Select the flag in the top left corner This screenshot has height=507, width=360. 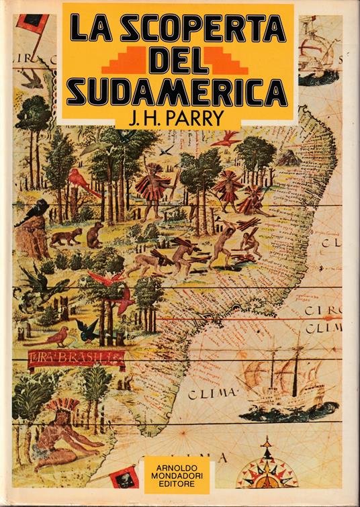[32, 25]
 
